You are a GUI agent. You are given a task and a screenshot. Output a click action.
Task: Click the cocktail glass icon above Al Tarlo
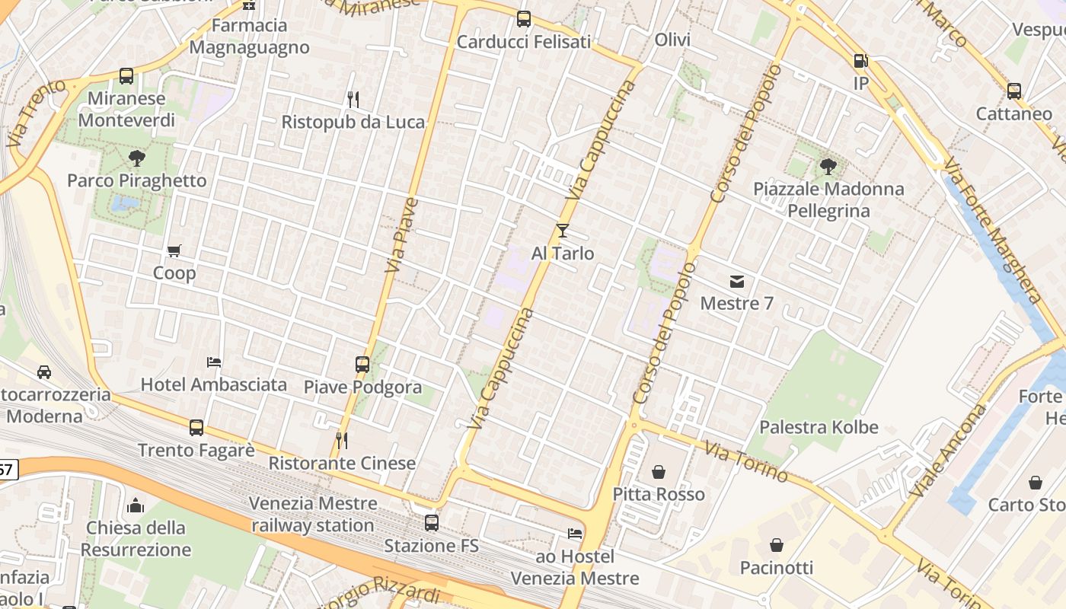click(563, 231)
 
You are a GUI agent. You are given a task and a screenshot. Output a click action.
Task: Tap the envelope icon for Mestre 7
click(737, 282)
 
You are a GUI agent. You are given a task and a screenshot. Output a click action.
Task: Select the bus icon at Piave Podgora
click(362, 365)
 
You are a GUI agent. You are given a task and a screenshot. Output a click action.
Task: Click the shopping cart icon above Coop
click(174, 250)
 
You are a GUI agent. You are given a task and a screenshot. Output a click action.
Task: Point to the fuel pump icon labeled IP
click(860, 60)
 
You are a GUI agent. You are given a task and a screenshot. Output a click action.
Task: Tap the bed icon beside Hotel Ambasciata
click(214, 362)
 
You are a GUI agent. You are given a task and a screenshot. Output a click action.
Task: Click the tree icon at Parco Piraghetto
click(137, 158)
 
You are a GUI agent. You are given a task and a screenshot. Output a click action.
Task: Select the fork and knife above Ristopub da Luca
click(353, 99)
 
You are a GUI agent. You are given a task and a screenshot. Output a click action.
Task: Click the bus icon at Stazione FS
click(432, 523)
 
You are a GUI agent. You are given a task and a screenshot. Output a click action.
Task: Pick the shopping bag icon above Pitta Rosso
click(659, 472)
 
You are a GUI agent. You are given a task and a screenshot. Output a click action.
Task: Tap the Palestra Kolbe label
click(819, 427)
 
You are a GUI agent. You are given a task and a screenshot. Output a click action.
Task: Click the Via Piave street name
click(402, 236)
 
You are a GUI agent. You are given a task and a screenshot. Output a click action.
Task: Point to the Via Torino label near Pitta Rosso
click(746, 461)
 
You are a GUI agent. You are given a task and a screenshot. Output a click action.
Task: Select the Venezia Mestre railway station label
click(313, 515)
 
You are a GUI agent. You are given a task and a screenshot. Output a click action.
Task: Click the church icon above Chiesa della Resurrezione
click(136, 505)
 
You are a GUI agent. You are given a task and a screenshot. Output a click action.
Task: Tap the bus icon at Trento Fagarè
click(196, 428)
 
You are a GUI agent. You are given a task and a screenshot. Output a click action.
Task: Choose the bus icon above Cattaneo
click(1014, 91)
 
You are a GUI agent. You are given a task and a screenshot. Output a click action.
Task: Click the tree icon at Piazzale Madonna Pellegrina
click(829, 166)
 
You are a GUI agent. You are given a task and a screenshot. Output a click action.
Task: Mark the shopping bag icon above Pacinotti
click(777, 545)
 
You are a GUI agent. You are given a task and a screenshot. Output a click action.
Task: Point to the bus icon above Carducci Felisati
click(524, 19)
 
